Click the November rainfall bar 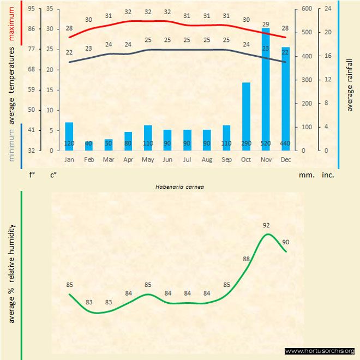(266, 87)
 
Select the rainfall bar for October (246, 115)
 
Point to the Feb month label (89, 160)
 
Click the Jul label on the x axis (187, 160)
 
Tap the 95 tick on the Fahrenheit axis (31, 9)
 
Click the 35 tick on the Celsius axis (50, 9)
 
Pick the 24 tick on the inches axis (328, 9)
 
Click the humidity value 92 (266, 225)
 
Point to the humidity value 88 (247, 259)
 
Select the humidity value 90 (285, 242)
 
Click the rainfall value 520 (266, 143)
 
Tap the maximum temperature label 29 (266, 24)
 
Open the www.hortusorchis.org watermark (320, 351)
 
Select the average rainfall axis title (350, 85)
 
